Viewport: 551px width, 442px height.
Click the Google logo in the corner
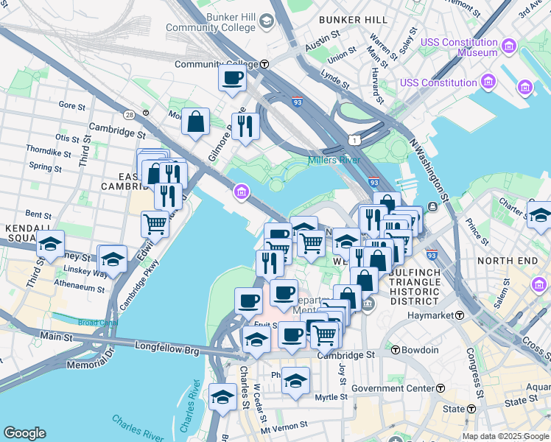pyautogui.click(x=24, y=433)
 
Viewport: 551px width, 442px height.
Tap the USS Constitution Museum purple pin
pyautogui.click(x=508, y=48)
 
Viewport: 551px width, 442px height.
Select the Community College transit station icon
pyautogui.click(x=264, y=64)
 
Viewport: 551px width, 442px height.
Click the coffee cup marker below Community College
pyautogui.click(x=233, y=78)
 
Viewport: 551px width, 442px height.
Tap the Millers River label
pyautogui.click(x=334, y=161)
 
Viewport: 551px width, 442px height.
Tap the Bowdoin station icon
pyautogui.click(x=395, y=350)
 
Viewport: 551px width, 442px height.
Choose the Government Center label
pyautogui.click(x=393, y=388)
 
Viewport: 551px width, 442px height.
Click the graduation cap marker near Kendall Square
pyautogui.click(x=50, y=244)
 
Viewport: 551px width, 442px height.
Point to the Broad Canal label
pyautogui.click(x=98, y=323)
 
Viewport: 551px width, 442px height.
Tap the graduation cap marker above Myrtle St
pyautogui.click(x=295, y=381)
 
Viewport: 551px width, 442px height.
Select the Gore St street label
pyautogui.click(x=72, y=105)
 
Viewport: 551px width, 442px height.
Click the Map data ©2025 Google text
pyautogui.click(x=505, y=436)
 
